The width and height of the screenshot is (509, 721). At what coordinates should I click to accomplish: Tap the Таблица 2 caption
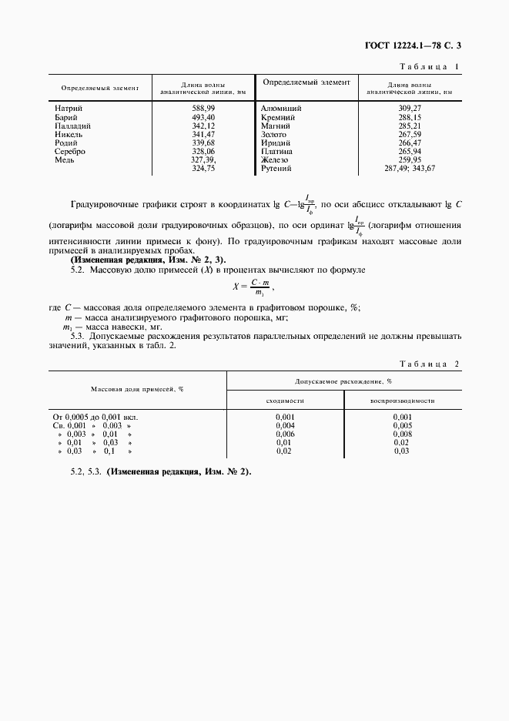tap(430, 364)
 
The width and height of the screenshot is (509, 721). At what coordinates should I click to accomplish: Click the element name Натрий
tap(69, 109)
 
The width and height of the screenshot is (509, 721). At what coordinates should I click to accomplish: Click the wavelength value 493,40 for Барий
tap(203, 117)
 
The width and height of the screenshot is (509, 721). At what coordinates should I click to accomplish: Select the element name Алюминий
tap(280, 109)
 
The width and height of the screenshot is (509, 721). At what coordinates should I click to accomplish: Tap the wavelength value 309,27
tap(409, 109)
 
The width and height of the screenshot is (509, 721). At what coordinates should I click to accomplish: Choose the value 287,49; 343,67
tap(409, 167)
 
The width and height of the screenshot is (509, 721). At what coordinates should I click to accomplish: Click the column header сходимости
tap(285, 401)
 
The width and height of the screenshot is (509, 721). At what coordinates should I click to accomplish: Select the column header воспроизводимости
tap(402, 401)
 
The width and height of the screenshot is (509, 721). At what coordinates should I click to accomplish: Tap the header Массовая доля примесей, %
tap(137, 389)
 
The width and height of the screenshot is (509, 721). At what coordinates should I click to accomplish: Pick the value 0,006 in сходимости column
tap(285, 434)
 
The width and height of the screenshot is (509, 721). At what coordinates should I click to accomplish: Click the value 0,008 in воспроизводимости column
tap(402, 434)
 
